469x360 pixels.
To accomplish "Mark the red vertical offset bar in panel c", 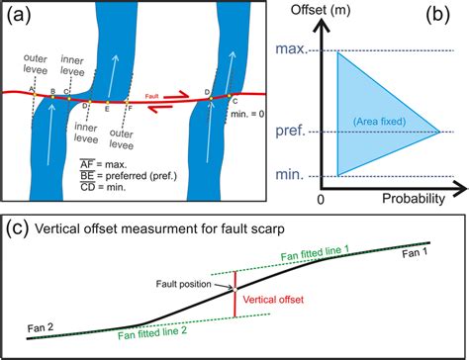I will pyautogui.click(x=234, y=294).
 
